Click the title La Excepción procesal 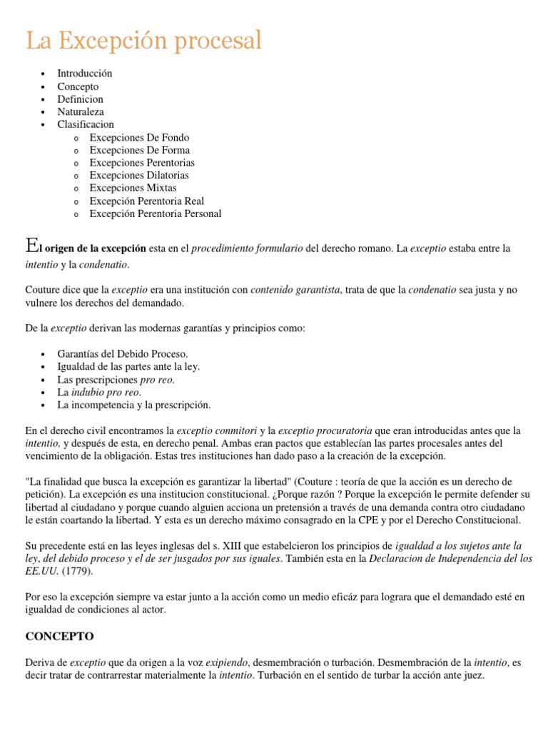[144, 41]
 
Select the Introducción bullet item [85, 74]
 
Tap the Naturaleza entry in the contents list [81, 112]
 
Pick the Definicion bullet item [80, 99]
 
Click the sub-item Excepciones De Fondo [139, 137]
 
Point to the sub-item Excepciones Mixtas [133, 188]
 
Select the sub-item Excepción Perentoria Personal [155, 213]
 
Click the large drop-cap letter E [31, 246]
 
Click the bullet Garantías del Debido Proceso [123, 354]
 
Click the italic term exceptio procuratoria [325, 430]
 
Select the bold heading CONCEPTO [59, 635]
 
